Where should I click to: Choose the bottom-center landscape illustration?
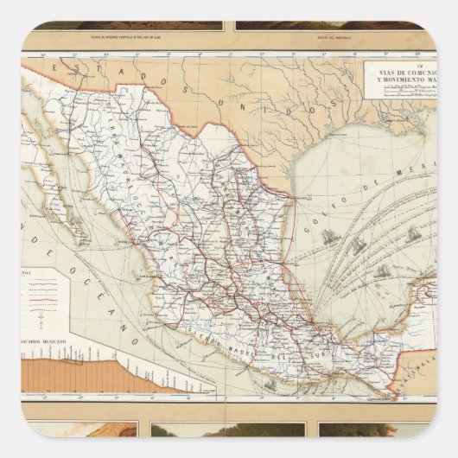(x=228, y=429)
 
